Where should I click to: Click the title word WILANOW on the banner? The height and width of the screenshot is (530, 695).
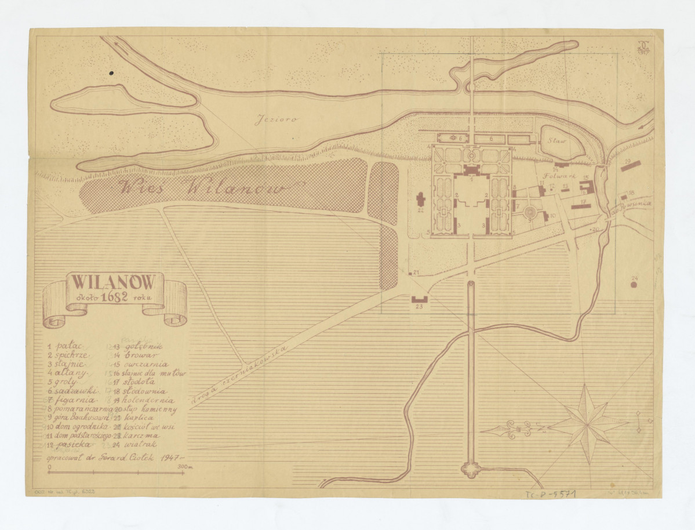pyautogui.click(x=113, y=282)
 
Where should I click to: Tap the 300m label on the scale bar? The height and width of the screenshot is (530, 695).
pyautogui.click(x=185, y=466)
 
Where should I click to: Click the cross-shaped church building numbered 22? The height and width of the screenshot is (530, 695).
pyautogui.click(x=421, y=202)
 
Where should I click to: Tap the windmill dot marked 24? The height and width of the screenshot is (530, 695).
pyautogui.click(x=634, y=285)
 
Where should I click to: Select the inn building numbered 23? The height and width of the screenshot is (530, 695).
pyautogui.click(x=420, y=299)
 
